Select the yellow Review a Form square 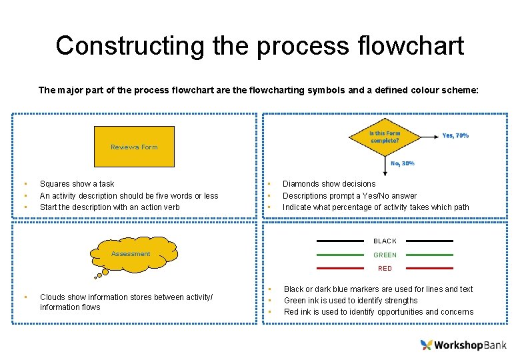tap(134, 147)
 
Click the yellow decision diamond tap(385, 137)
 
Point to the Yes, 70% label tap(455, 135)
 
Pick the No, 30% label tap(403, 163)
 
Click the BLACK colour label tap(385, 241)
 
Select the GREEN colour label tap(385, 255)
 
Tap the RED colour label tap(385, 269)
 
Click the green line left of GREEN tap(340, 255)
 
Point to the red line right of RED tap(429, 268)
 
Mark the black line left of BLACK tap(340, 241)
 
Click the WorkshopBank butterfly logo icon tap(427, 345)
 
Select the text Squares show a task tap(77, 184)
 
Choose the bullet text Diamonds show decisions tap(329, 184)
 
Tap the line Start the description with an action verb tap(109, 207)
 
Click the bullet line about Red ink tap(378, 312)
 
